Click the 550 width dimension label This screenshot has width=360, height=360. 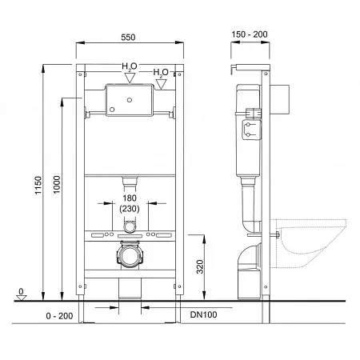click(x=128, y=37)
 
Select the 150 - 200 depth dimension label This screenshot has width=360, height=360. click(x=250, y=34)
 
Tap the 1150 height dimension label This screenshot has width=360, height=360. click(x=38, y=186)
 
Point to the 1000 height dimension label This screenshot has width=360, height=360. click(x=57, y=185)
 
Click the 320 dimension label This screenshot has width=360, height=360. click(x=200, y=266)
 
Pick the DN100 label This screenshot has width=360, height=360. click(x=203, y=314)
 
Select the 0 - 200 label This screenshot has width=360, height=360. click(x=59, y=316)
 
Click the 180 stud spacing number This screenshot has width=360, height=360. click(x=130, y=198)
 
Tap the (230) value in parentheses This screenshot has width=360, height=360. click(x=130, y=209)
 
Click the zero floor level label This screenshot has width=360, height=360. click(x=21, y=291)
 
